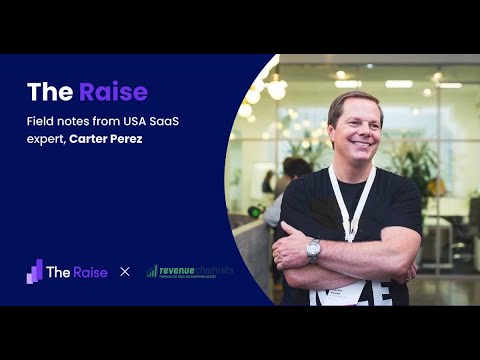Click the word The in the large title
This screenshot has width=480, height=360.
click(x=49, y=93)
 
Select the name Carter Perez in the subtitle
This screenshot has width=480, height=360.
click(x=107, y=137)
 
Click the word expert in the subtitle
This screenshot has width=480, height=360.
click(x=44, y=137)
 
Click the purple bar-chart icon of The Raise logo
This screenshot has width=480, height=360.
click(x=35, y=271)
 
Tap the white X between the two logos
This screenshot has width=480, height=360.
click(x=125, y=271)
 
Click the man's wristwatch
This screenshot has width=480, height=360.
click(x=314, y=250)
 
